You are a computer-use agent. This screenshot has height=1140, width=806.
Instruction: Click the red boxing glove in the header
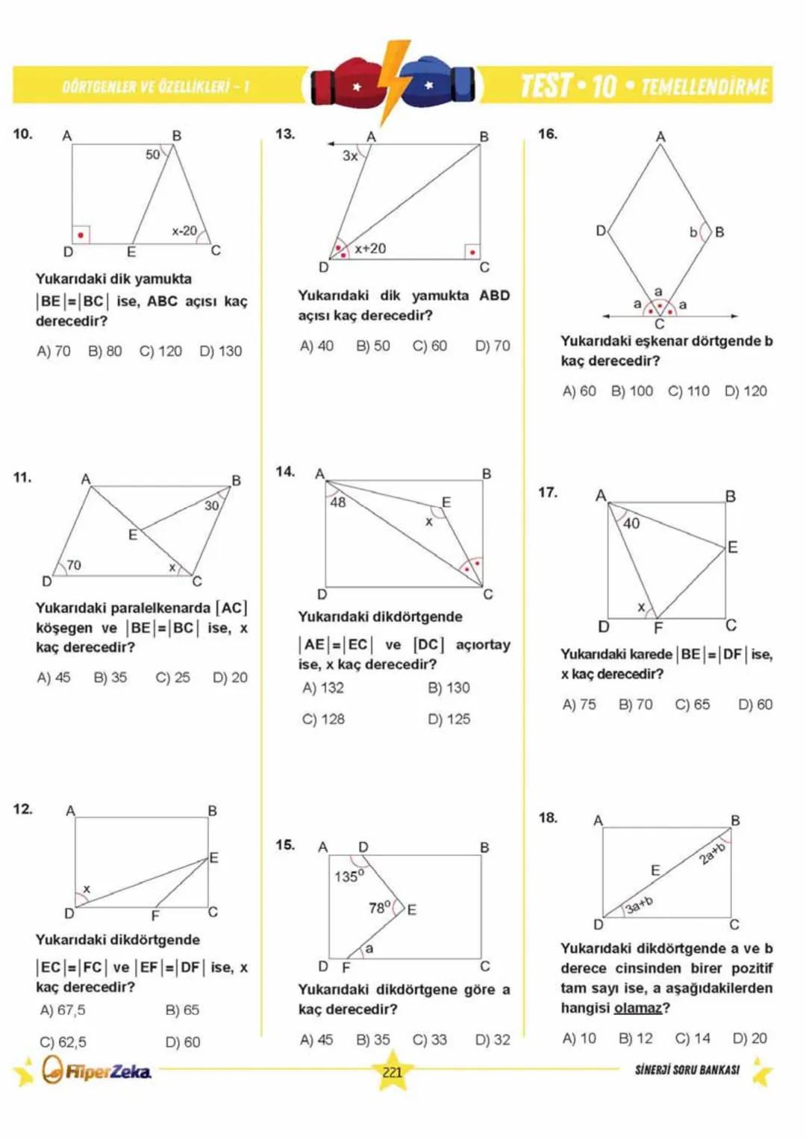point(346,85)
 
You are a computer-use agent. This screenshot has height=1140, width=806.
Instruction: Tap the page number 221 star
point(393,1072)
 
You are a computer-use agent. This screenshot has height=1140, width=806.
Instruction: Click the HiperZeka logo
point(97,1071)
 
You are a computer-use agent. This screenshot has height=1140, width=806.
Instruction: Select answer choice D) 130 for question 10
point(220,351)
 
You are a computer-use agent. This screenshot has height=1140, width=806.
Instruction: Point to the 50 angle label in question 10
point(153,155)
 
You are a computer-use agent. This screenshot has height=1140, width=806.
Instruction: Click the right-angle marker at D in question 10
point(81,234)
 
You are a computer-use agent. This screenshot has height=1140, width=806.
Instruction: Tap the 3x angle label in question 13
point(350,156)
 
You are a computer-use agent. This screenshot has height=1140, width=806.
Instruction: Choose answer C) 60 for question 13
point(429,346)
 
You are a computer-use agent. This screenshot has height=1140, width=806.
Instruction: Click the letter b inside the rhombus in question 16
point(693,232)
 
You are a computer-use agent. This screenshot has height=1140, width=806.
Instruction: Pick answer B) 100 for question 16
point(631,390)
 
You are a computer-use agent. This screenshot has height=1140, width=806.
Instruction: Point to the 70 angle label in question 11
point(73,565)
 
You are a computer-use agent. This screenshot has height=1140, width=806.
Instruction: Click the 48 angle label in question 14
point(338,502)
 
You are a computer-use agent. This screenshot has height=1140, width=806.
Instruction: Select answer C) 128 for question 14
point(323,719)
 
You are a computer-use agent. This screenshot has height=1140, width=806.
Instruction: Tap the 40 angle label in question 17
point(631,523)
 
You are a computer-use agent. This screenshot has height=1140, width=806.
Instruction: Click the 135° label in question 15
point(349,876)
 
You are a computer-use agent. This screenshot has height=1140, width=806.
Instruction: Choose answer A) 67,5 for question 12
point(62,1010)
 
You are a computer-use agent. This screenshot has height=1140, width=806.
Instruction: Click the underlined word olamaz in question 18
point(637,1008)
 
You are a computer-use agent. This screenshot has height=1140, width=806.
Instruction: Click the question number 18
point(548,817)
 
